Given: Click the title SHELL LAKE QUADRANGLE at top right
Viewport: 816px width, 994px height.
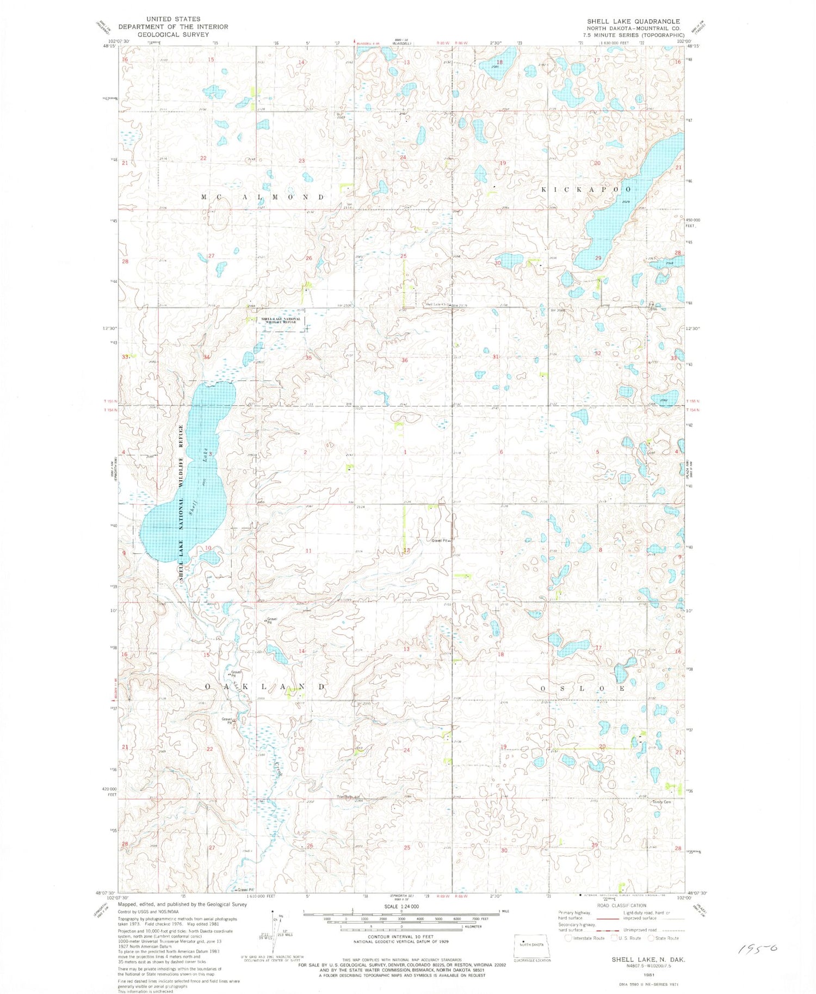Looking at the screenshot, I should pos(633,21).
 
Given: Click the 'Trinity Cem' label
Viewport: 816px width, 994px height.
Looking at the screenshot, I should pos(662,802).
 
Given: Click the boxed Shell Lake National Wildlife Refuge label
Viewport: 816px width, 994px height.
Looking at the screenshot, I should pos(280,321).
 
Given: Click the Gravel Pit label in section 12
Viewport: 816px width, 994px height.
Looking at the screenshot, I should pos(440,541).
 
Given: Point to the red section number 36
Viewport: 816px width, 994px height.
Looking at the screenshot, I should pos(404,360).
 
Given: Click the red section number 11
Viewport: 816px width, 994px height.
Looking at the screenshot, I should pos(308,551).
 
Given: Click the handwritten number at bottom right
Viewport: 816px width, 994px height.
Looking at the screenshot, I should pos(757,949).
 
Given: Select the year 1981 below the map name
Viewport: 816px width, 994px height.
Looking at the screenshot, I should pos(648,975).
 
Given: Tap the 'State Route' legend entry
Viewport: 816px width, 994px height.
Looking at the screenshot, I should pos(667,938).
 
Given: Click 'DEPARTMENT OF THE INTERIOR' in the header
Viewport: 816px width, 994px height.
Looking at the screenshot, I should pos(174,26).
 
